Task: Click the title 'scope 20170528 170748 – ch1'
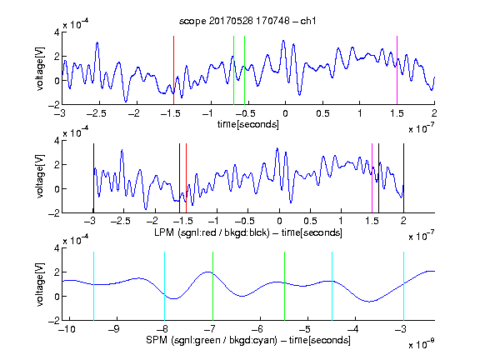247,21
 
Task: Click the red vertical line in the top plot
173,70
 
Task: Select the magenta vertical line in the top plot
397,70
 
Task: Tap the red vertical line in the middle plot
186,178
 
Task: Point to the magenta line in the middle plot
372,178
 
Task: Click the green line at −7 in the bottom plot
212,286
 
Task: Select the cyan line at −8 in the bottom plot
165,286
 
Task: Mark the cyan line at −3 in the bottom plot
404,286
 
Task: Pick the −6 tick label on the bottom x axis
258,329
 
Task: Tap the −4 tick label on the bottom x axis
353,329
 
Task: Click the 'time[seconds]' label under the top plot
248,124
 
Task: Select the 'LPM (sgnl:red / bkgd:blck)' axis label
212,232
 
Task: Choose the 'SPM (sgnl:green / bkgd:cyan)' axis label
212,340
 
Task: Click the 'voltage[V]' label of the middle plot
40,177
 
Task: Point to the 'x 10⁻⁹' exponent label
422,343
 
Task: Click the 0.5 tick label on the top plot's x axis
322,113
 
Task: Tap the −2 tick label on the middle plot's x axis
152,221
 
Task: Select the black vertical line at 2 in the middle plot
403,178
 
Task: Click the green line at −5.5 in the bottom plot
285,286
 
